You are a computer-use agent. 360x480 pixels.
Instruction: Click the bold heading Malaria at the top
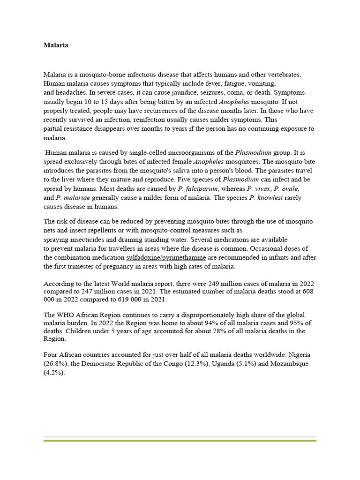[x=56, y=45]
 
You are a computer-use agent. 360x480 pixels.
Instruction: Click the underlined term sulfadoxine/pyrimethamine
[x=166, y=257]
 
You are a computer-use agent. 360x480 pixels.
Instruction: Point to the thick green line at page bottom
[x=180, y=440]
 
